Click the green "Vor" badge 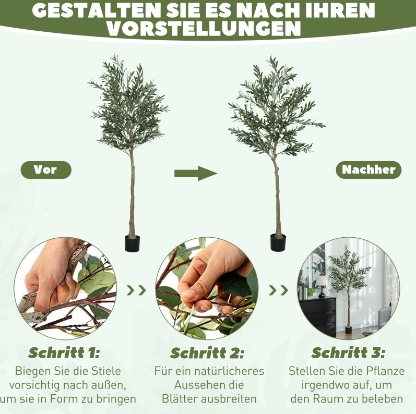tap(46, 169)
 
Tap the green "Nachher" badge tap(369, 169)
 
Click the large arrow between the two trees tap(196, 174)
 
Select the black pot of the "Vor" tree tap(132, 243)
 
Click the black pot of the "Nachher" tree tap(278, 242)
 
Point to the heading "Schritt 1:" tap(64, 353)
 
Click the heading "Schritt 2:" tap(207, 353)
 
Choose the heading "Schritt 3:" tap(348, 353)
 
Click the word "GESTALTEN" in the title tap(97, 10)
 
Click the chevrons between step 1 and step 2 tap(136, 290)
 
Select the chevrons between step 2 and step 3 tap(278, 290)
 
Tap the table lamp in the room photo tap(322, 286)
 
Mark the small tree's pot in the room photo tap(348, 330)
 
